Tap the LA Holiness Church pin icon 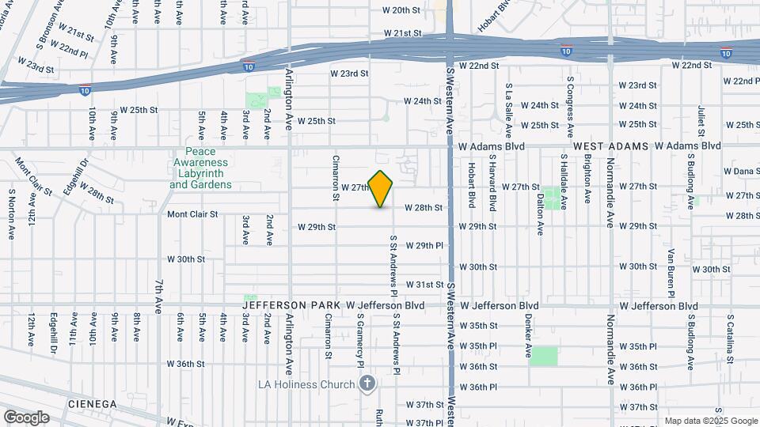[x=367, y=384]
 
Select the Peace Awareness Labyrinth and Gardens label [x=201, y=168]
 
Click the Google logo [x=26, y=418]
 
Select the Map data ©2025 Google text [x=711, y=421]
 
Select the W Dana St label [x=741, y=171]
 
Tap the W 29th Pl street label [x=423, y=246]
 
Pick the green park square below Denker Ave [x=544, y=357]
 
